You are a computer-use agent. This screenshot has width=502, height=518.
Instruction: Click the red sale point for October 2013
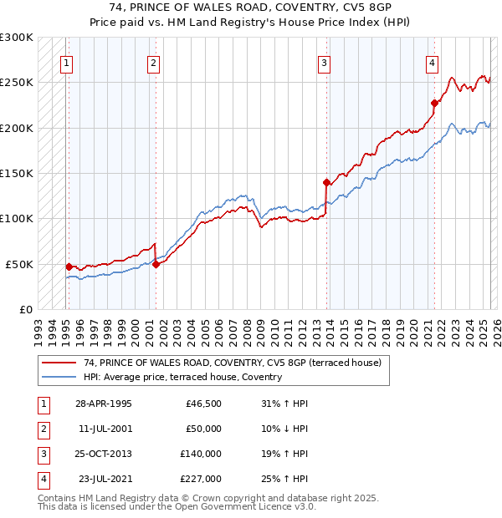[326, 181]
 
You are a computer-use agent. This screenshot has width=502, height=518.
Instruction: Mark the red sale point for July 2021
[434, 104]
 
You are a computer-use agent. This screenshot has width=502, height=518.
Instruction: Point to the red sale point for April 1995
[69, 267]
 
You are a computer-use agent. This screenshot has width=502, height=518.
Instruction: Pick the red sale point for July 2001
[156, 264]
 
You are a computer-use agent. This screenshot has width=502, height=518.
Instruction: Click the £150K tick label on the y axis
[17, 173]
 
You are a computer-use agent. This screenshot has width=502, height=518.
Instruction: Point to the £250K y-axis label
[17, 83]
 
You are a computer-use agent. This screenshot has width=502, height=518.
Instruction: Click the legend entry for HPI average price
[182, 377]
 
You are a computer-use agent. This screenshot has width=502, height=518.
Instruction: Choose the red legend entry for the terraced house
[233, 363]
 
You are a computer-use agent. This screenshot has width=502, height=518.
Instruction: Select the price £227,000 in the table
[201, 479]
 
